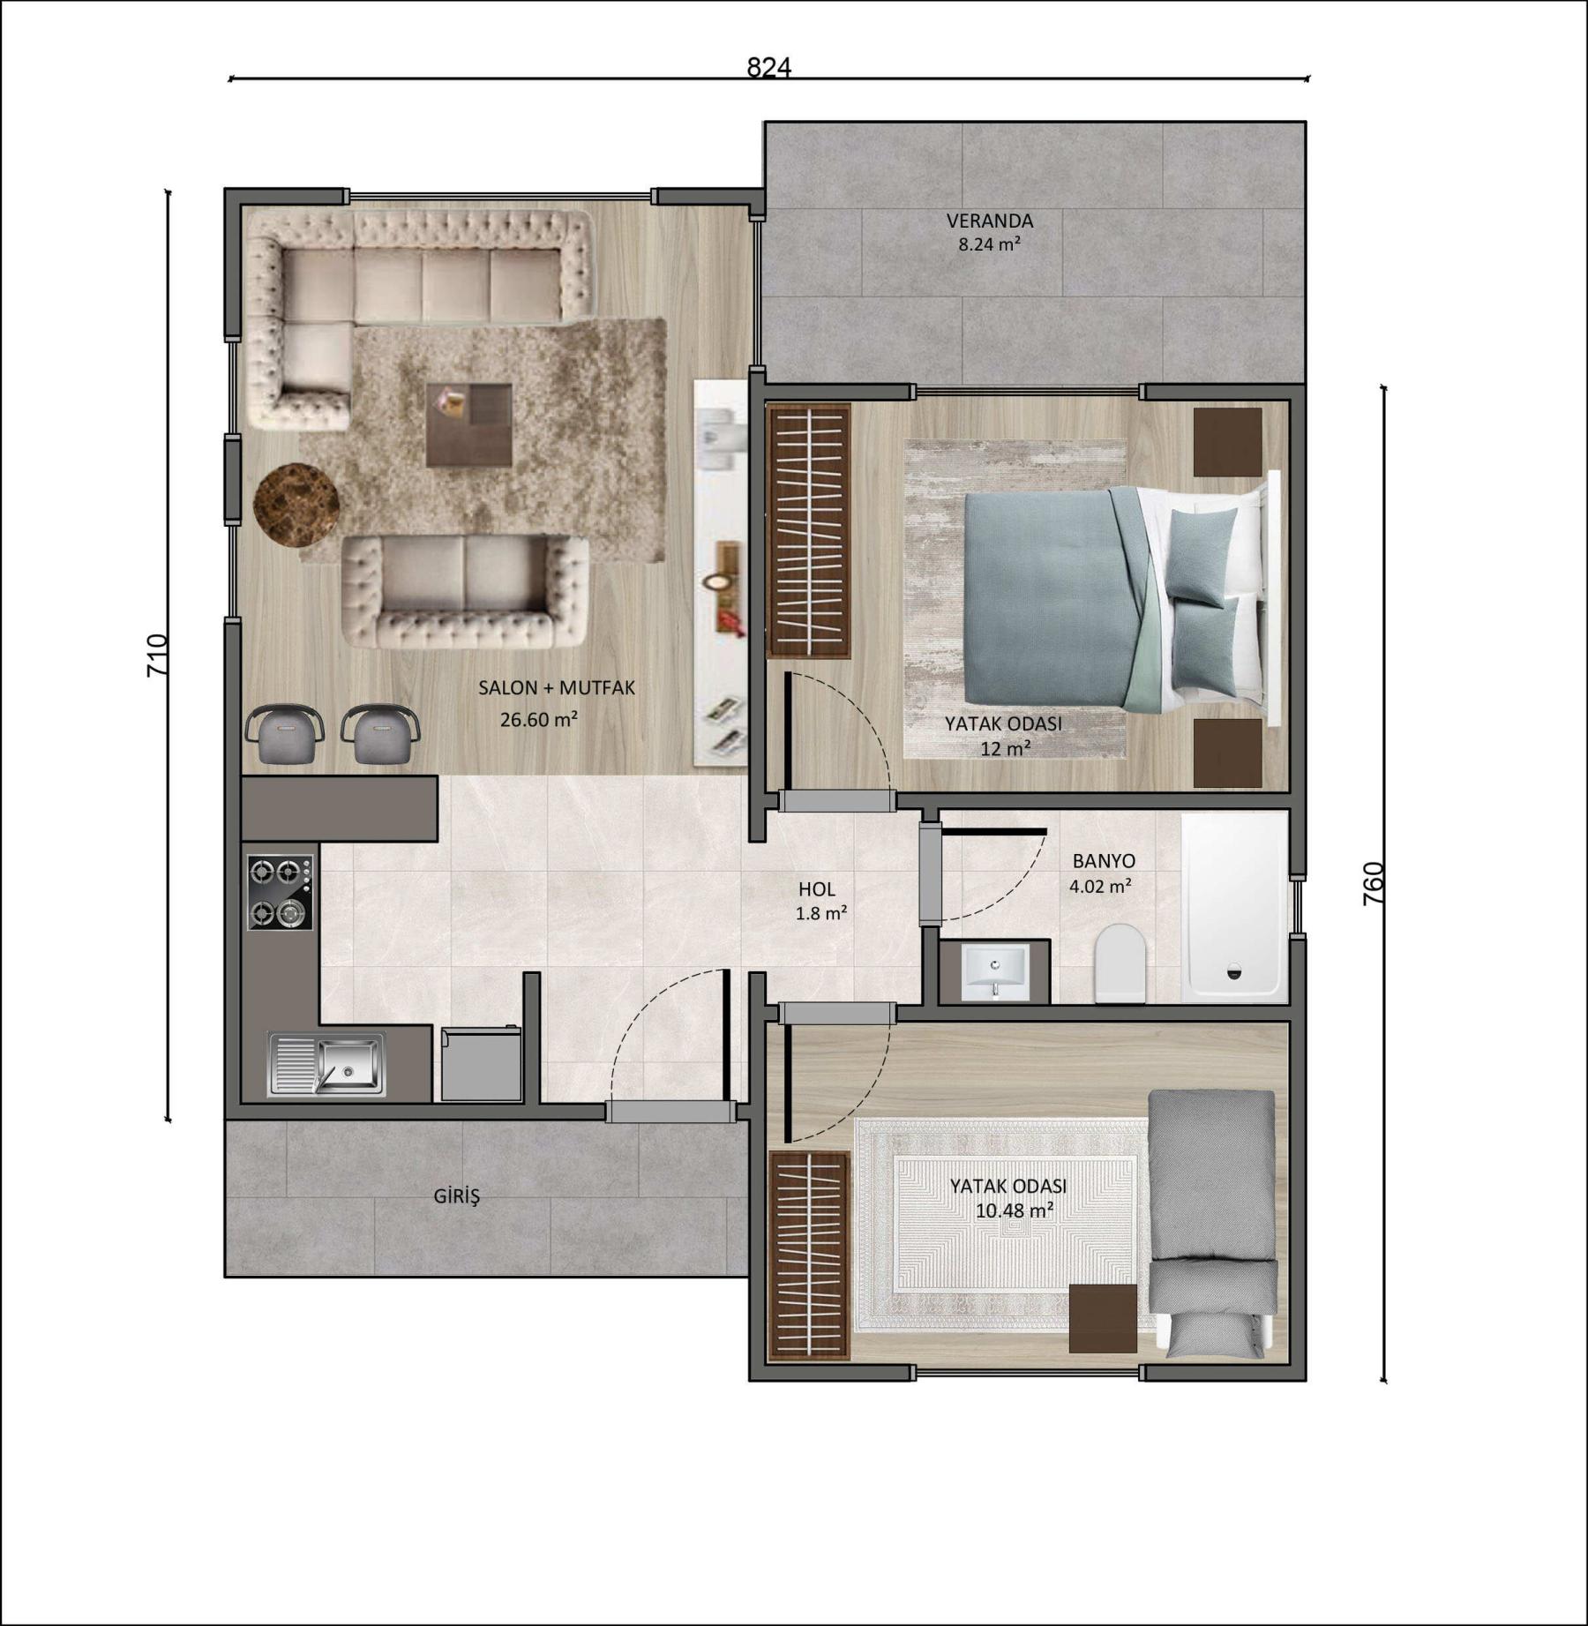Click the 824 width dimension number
click(768, 67)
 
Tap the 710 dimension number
click(156, 656)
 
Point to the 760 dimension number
click(1374, 883)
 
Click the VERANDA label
click(990, 221)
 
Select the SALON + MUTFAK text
click(557, 688)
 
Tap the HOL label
click(816, 889)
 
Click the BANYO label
click(1104, 860)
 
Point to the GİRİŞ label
click(457, 1196)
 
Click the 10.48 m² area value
click(1015, 1210)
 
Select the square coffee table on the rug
click(468, 425)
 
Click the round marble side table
click(296, 505)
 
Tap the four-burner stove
click(280, 892)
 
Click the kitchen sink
click(326, 1065)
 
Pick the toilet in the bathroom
click(1120, 963)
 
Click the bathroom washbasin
click(994, 972)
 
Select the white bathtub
click(1234, 908)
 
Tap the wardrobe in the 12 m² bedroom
click(808, 531)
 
